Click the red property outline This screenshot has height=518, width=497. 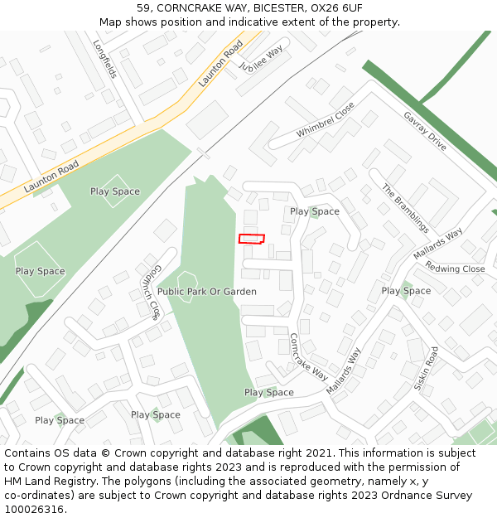(x=252, y=239)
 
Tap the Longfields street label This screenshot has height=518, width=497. (x=105, y=60)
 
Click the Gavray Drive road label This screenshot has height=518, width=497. (x=425, y=131)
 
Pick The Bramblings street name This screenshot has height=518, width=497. (x=405, y=208)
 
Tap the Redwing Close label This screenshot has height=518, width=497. (x=455, y=269)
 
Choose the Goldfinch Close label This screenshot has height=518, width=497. (x=149, y=292)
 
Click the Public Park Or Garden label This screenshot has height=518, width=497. (x=207, y=292)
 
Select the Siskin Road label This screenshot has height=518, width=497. (x=426, y=369)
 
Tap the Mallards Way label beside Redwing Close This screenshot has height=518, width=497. (x=437, y=244)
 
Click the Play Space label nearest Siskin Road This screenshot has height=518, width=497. (x=406, y=291)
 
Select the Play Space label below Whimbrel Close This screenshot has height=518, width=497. (x=315, y=211)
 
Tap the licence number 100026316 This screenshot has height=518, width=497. (x=34, y=509)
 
